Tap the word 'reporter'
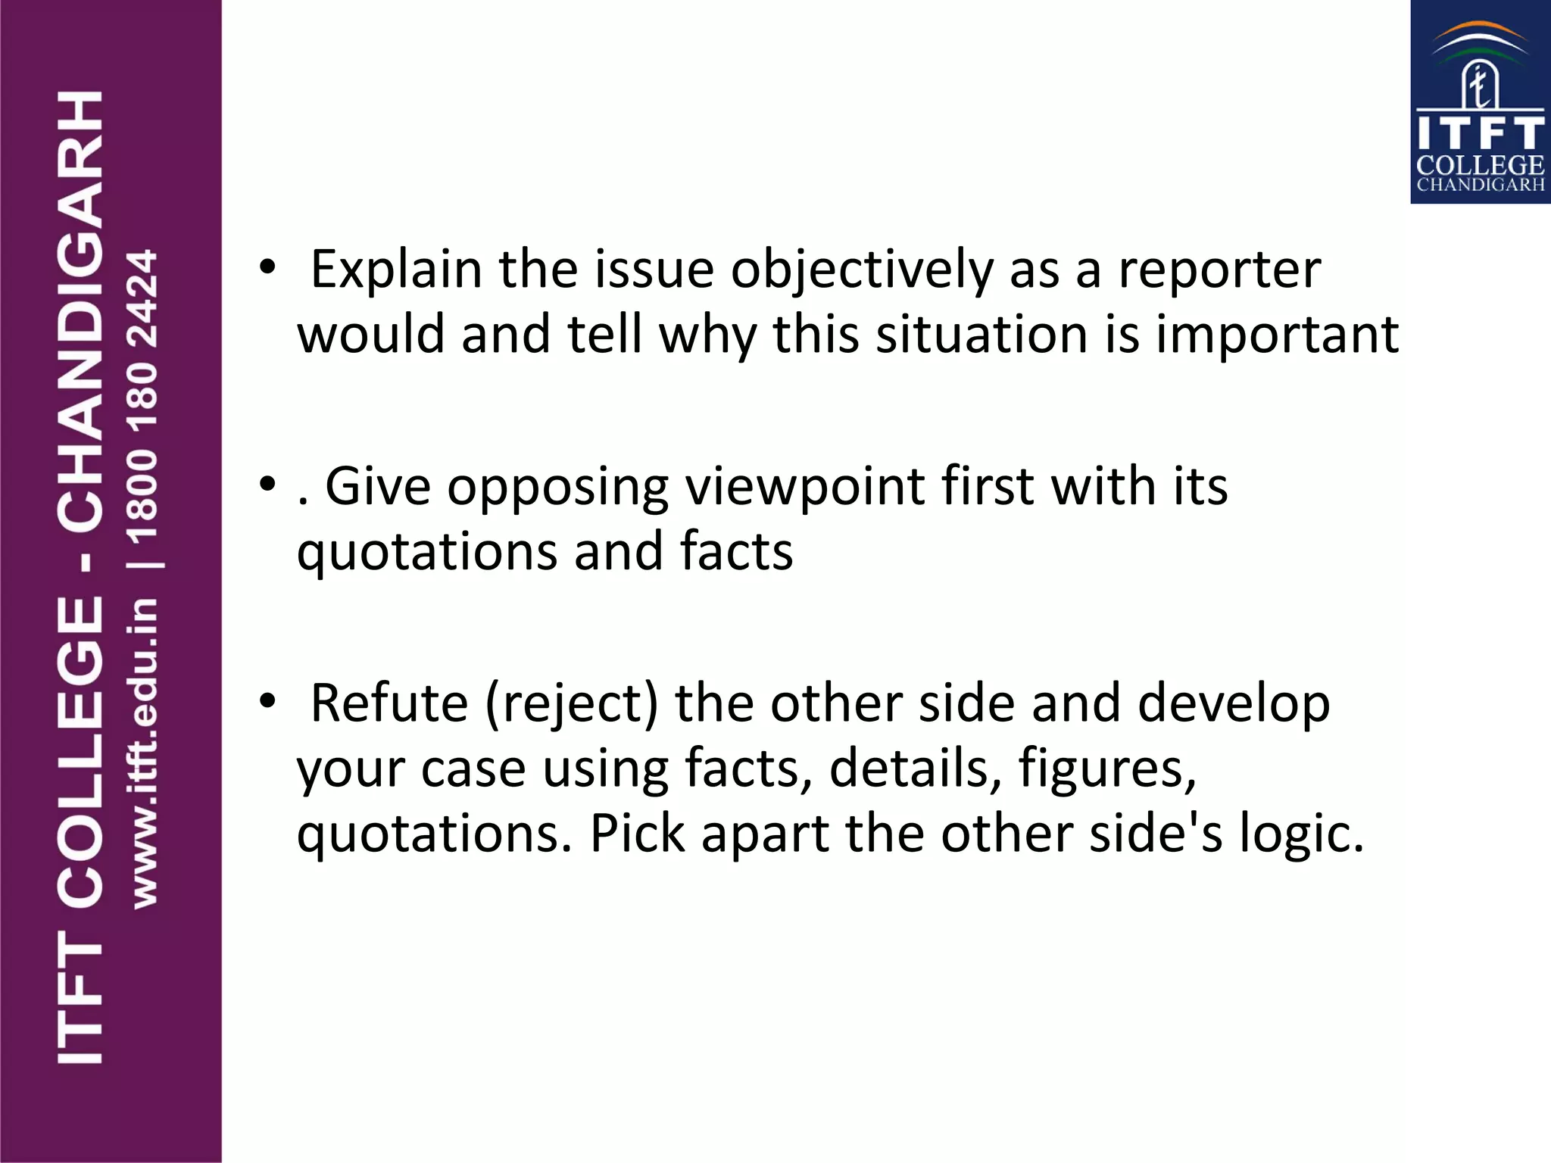(x=1219, y=270)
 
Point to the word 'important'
(x=1277, y=335)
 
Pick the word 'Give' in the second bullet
(x=377, y=486)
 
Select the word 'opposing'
(x=557, y=488)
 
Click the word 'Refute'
(x=389, y=703)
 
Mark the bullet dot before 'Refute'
(x=267, y=702)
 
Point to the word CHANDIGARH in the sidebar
(x=80, y=310)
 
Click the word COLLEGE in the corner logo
(x=1480, y=165)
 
